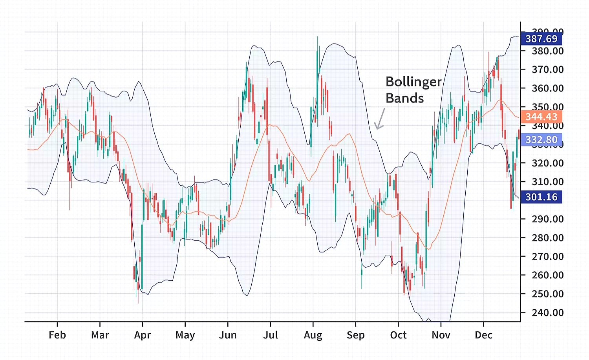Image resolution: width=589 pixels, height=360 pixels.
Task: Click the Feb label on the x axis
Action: [x=57, y=335]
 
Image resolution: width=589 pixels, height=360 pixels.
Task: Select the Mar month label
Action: [x=100, y=335]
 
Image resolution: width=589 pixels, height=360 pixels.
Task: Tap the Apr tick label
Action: [x=142, y=335]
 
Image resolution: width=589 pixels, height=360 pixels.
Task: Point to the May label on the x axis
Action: [x=185, y=335]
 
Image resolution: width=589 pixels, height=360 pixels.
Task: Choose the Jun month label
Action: [x=228, y=335]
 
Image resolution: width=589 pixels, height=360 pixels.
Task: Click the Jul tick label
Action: [x=271, y=335]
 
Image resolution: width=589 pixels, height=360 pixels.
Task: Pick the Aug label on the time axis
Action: [x=313, y=335]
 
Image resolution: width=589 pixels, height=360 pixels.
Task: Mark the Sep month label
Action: [x=356, y=335]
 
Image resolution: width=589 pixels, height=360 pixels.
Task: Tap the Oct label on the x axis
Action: [x=398, y=335]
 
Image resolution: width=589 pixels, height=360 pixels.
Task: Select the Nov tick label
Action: [x=441, y=335]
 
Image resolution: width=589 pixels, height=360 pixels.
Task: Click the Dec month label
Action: [x=483, y=335]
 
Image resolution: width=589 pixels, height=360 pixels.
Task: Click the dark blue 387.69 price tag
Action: [x=541, y=39]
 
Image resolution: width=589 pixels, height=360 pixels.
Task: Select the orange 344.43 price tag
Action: [x=541, y=117]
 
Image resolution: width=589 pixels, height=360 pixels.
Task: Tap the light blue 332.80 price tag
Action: [x=541, y=140]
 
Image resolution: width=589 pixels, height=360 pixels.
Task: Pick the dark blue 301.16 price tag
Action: [x=541, y=197]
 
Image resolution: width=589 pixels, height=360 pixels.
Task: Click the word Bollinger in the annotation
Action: [x=413, y=82]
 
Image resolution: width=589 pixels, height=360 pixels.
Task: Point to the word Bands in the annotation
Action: [x=404, y=98]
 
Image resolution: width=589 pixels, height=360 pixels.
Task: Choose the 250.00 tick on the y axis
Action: [x=547, y=294]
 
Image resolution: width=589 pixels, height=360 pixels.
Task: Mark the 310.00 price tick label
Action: [x=547, y=182]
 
